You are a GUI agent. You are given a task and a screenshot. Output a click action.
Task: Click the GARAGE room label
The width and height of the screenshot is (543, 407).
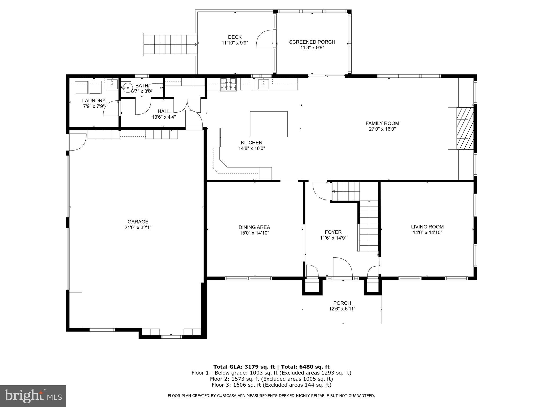138,222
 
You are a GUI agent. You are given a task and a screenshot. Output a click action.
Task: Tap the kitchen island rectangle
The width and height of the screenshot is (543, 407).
269,124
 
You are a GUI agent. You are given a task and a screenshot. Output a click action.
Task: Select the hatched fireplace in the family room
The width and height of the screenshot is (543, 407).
465,129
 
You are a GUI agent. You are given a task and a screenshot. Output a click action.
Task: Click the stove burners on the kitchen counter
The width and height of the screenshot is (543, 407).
228,84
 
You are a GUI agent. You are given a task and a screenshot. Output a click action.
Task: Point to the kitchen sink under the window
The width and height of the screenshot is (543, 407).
263,84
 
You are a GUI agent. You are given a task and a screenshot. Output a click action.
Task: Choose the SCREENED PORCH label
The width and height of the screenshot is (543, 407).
312,42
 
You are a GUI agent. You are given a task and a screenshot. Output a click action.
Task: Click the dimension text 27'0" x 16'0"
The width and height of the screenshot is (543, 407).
382,129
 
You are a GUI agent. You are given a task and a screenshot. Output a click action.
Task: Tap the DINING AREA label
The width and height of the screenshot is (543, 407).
254,227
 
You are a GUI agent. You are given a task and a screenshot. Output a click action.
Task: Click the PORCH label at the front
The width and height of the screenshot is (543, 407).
342,303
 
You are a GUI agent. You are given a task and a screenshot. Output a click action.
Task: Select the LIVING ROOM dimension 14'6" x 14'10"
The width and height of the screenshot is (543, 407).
427,232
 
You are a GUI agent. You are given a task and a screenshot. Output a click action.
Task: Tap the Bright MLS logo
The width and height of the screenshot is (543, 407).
33,396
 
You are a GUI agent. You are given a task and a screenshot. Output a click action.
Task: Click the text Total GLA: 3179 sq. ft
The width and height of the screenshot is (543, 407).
244,367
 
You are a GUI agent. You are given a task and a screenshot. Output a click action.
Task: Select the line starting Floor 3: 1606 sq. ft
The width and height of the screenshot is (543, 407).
271,385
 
